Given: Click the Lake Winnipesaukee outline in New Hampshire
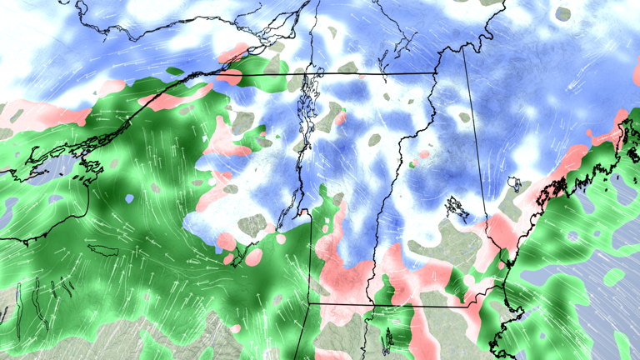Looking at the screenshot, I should point(455,205).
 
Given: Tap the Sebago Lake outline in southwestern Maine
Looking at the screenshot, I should point(514,184).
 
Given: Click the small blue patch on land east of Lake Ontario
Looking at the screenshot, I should point(129,199).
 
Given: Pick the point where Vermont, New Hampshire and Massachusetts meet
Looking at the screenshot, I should point(372,305).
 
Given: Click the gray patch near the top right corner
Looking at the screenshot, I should point(563,13).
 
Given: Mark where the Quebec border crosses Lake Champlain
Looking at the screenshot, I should point(310,73).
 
